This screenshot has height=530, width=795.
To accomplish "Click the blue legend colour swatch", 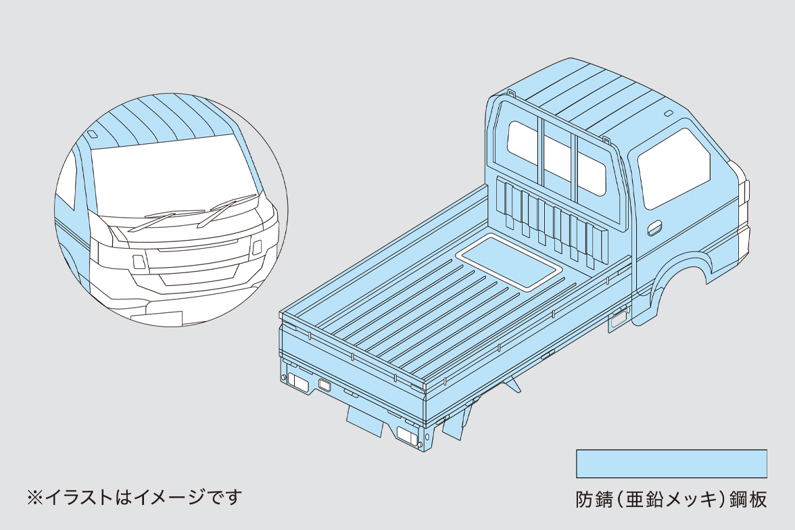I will coord(671,464).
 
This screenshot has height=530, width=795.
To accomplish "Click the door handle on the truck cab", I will coord(654,229).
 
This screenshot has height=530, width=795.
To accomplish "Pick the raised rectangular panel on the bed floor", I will coord(509,263).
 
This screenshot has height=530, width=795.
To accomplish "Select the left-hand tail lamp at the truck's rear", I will coord(297,381).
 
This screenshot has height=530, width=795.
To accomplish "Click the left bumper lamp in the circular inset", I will coord(138,261).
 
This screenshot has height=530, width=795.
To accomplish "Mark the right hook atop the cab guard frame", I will coord(606,139).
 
